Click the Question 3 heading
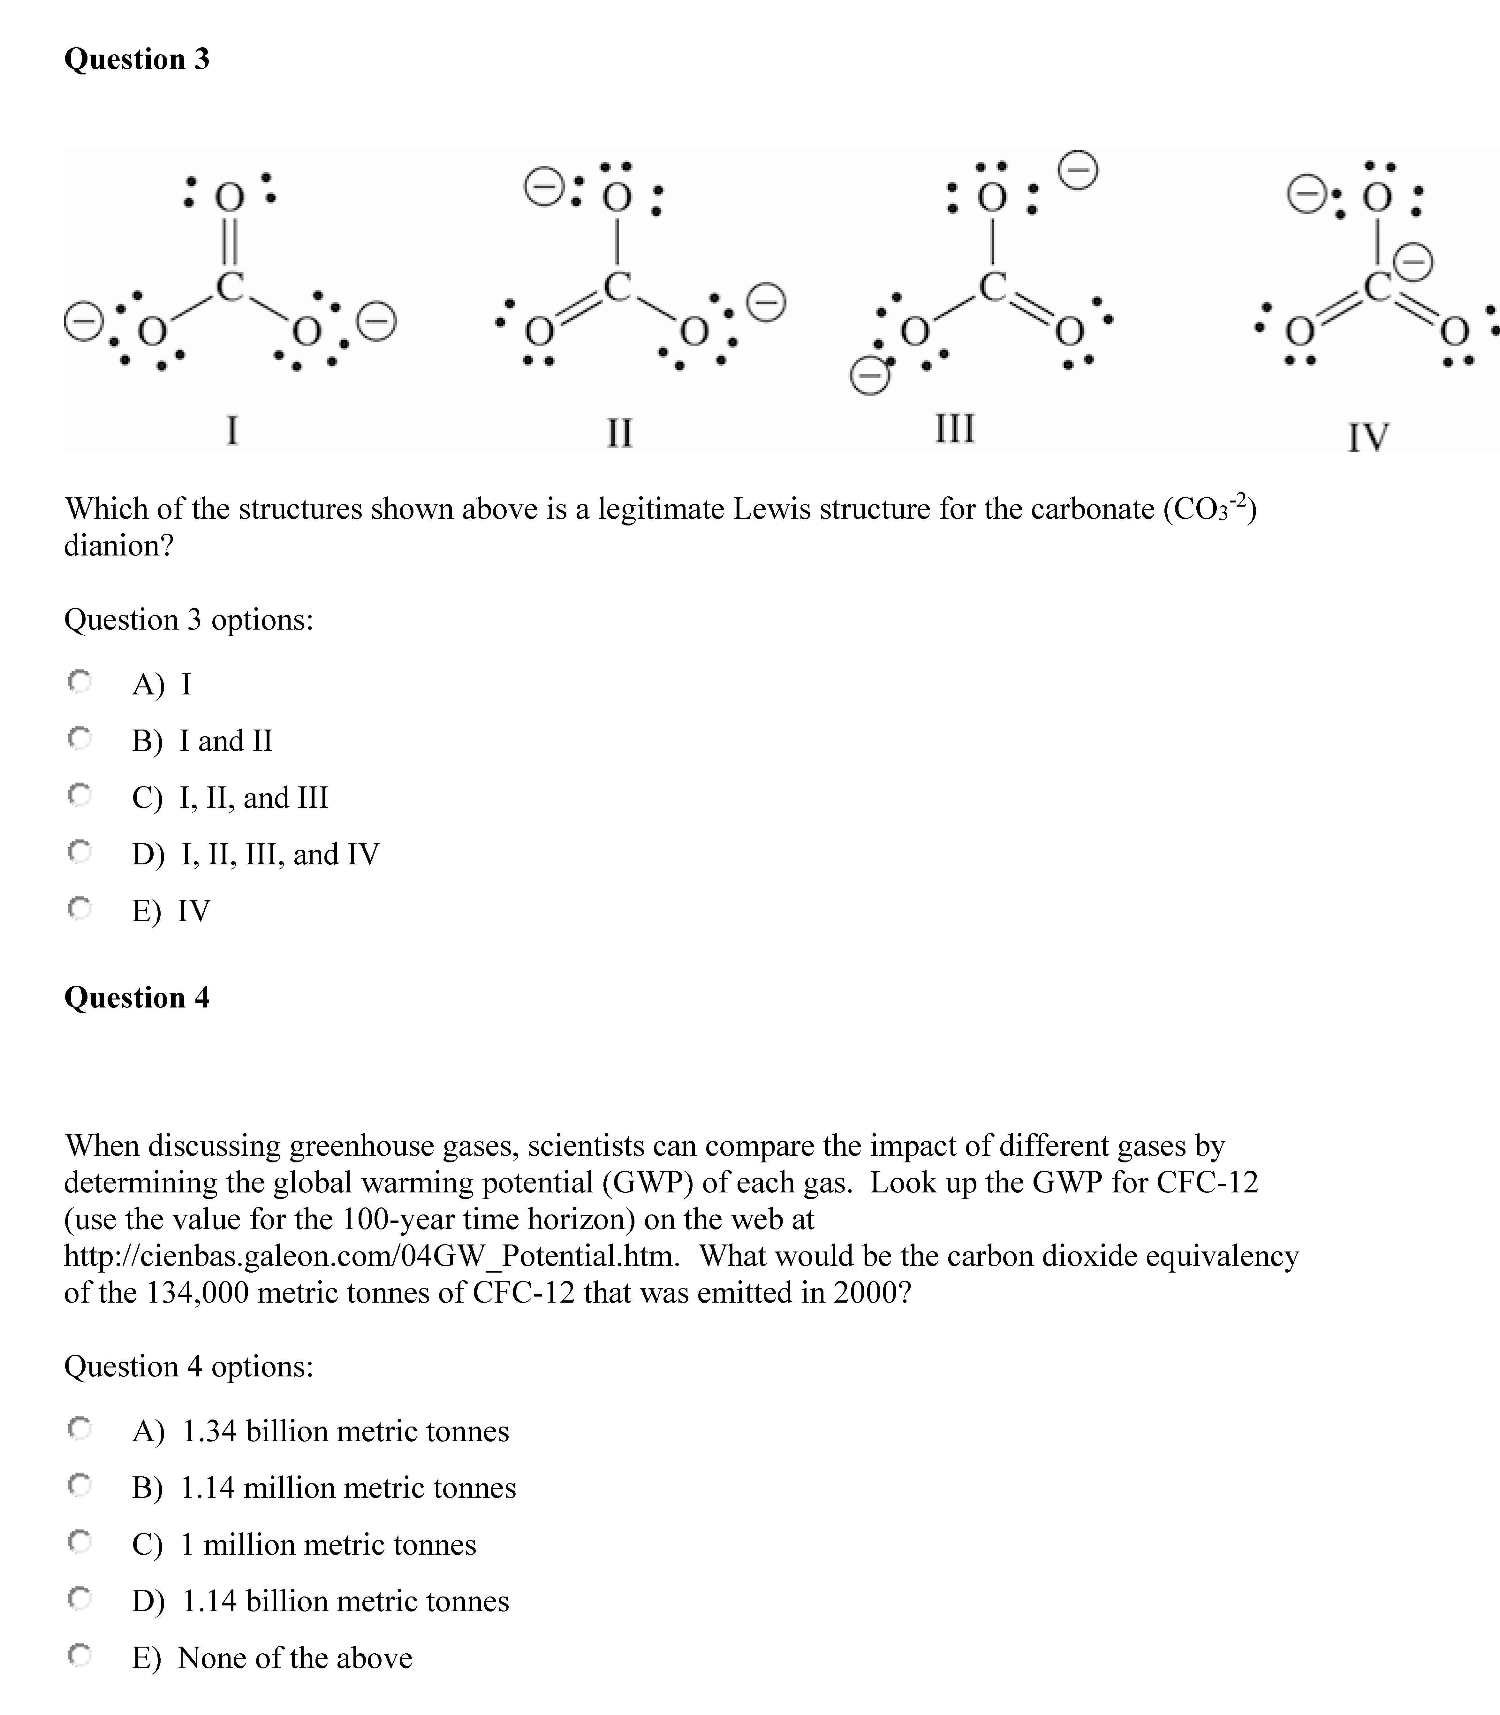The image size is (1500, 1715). coord(136,59)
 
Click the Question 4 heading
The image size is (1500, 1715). coord(136,997)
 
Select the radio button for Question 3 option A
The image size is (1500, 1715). coord(80,683)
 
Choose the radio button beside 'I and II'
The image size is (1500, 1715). coord(80,739)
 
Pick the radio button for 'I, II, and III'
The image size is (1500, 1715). coord(80,795)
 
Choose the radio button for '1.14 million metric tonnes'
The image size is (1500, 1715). coord(80,1486)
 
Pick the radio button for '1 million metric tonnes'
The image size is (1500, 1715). coord(80,1542)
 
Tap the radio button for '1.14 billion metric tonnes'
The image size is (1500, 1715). coord(80,1599)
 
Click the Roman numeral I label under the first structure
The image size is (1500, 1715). coord(232,430)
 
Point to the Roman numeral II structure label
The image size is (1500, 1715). coord(619,432)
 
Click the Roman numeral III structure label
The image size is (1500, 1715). coord(954,428)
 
